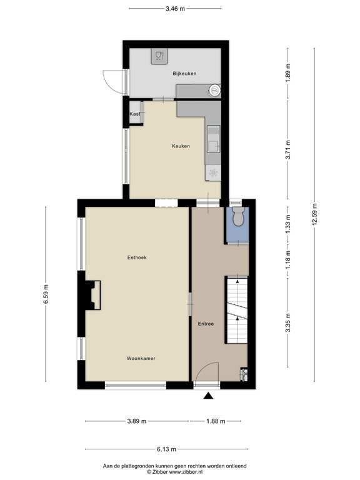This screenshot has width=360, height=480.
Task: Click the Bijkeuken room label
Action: tap(184, 74)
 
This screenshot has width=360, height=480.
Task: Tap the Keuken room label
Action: tap(181, 146)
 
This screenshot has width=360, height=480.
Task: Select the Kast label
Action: tap(134, 114)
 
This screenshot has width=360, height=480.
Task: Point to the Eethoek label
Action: tap(136, 257)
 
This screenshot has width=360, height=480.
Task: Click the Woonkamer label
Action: tap(141, 359)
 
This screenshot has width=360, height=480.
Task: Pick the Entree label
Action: tap(206, 324)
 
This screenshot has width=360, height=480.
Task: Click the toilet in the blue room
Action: tap(237, 219)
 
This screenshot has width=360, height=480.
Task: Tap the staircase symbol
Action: tap(236, 309)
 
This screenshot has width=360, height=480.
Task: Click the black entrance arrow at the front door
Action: tap(209, 395)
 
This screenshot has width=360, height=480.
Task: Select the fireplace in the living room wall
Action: tap(92, 295)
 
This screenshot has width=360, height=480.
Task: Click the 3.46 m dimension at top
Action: tap(175, 9)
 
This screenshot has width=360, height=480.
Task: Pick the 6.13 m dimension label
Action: tap(166, 449)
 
